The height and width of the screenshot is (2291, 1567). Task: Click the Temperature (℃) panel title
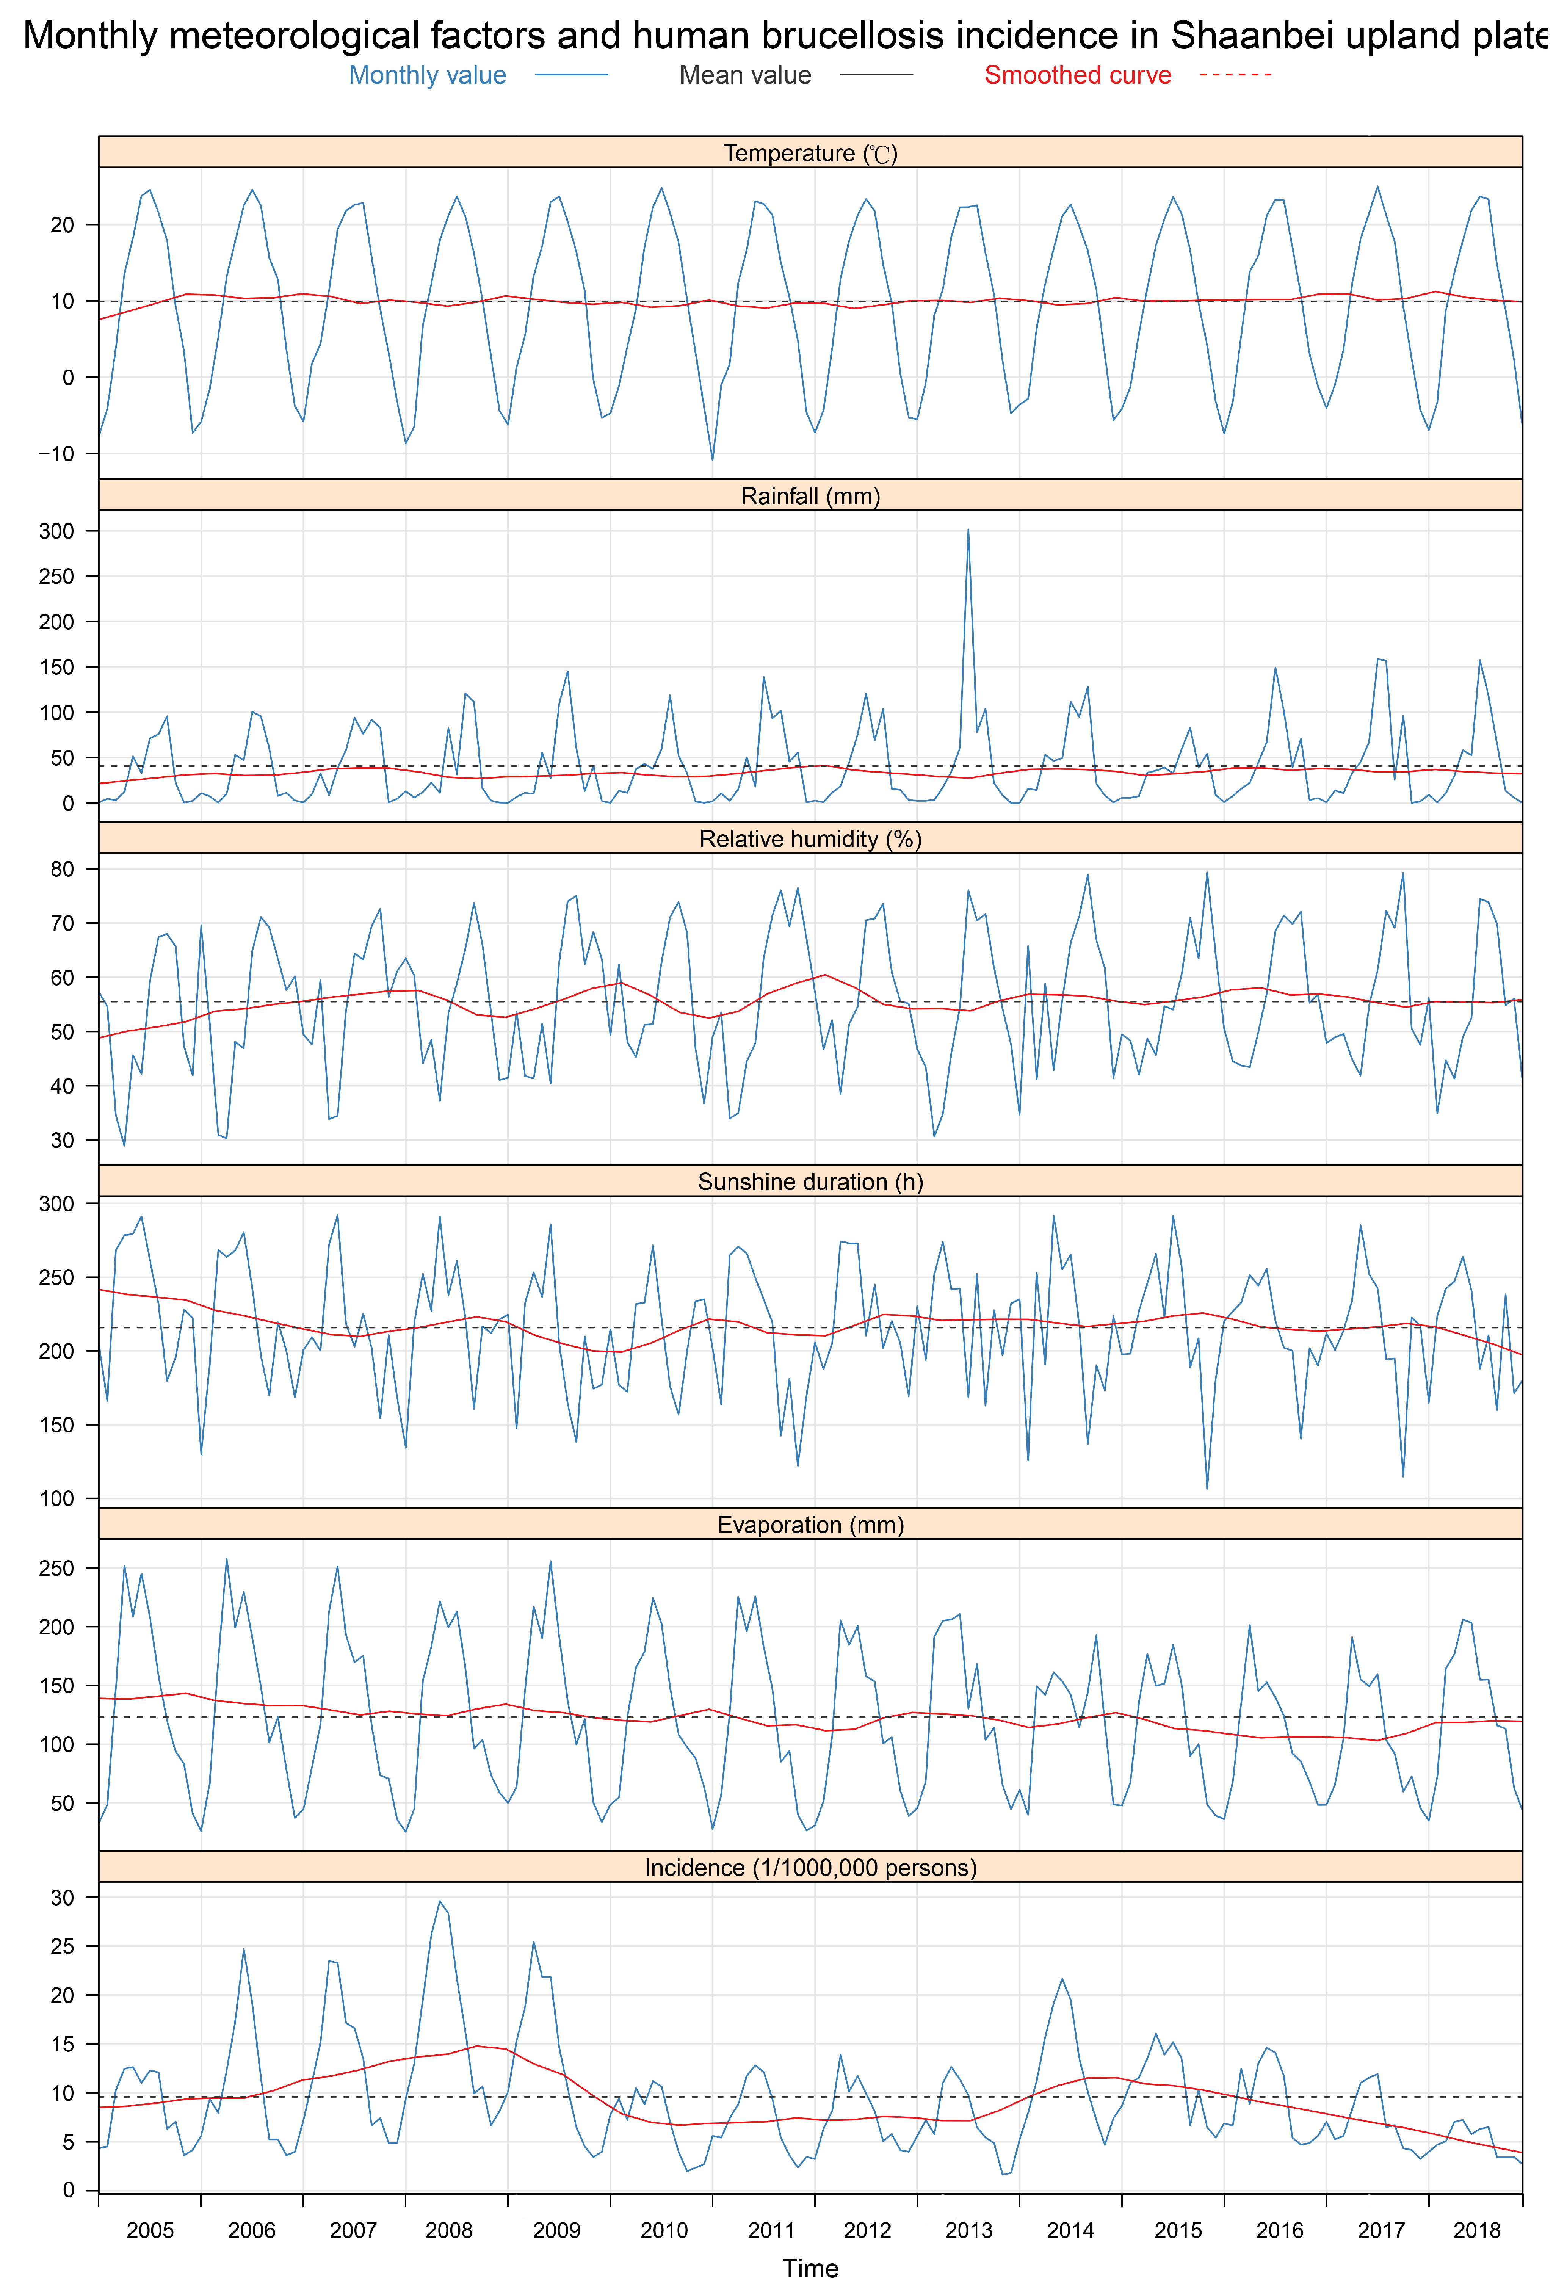(810, 153)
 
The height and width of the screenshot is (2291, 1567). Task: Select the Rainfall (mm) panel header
(810, 496)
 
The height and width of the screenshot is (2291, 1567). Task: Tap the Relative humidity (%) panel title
(810, 839)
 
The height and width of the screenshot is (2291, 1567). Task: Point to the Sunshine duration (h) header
(810, 1182)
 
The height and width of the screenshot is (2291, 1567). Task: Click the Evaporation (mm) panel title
(810, 1525)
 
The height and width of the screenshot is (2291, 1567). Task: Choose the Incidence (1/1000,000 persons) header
(810, 1868)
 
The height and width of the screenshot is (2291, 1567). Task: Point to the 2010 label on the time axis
(663, 2230)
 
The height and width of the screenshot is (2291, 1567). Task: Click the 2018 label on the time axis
(1476, 2230)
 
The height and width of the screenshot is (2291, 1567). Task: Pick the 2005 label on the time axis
(150, 2230)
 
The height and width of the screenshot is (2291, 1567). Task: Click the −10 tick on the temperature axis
(56, 453)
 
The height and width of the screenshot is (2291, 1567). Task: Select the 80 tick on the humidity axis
(62, 870)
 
